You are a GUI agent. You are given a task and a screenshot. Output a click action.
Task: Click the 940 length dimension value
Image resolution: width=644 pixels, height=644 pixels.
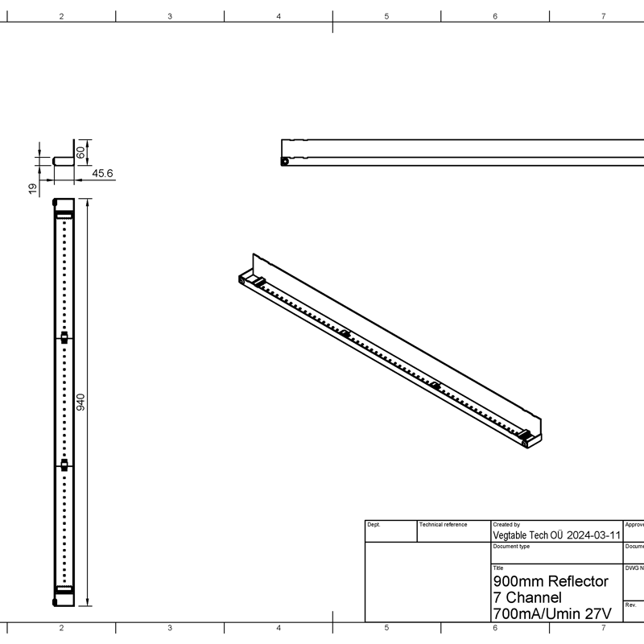click(x=80, y=402)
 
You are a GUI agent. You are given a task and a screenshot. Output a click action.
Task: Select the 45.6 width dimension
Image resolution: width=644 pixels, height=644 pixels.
click(x=102, y=173)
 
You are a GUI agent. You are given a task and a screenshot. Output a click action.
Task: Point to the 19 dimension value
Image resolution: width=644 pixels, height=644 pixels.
click(x=33, y=188)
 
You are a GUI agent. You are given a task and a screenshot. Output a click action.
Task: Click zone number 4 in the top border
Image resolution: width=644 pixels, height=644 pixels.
click(x=279, y=16)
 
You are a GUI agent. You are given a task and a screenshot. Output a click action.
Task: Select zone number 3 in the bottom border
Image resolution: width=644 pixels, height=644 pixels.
click(x=170, y=627)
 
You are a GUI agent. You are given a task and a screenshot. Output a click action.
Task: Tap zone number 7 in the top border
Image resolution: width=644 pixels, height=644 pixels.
click(x=603, y=16)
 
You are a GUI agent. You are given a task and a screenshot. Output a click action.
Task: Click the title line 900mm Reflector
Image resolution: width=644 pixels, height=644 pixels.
click(x=550, y=581)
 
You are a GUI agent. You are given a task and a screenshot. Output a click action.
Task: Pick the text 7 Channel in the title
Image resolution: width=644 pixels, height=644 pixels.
click(x=526, y=597)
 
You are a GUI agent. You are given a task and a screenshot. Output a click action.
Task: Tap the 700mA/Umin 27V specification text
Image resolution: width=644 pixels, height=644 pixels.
click(x=551, y=614)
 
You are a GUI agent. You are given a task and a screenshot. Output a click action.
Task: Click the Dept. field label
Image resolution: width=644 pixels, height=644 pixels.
click(x=374, y=525)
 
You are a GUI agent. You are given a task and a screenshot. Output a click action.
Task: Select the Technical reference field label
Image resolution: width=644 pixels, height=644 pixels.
click(x=444, y=525)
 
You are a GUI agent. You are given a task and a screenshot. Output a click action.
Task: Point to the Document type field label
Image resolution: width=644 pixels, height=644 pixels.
click(x=510, y=547)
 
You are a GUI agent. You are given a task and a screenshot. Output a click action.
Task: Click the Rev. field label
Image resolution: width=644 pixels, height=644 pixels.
click(x=630, y=605)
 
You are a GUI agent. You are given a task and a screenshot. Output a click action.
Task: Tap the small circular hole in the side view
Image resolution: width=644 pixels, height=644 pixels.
click(x=285, y=161)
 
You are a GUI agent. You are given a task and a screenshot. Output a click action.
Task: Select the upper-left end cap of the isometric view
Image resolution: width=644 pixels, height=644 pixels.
click(x=246, y=280)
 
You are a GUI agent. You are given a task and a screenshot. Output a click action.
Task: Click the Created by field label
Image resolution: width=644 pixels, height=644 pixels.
click(x=506, y=525)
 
